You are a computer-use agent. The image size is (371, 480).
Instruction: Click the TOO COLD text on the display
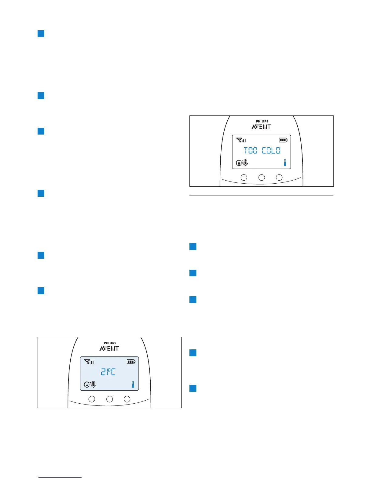pyautogui.click(x=262, y=151)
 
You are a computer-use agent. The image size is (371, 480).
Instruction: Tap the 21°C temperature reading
pyautogui.click(x=108, y=372)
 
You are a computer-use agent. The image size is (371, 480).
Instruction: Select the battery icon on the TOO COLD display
pyautogui.click(x=283, y=140)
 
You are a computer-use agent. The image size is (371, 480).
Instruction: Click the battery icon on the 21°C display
pyautogui.click(x=131, y=362)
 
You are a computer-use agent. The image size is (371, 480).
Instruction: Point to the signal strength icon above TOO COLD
pyautogui.click(x=241, y=140)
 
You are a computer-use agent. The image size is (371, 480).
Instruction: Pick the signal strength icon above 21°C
pyautogui.click(x=89, y=362)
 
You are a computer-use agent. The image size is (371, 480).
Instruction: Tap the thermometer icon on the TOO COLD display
pyautogui.click(x=285, y=163)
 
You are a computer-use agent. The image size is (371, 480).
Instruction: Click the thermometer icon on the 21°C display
pyautogui.click(x=133, y=385)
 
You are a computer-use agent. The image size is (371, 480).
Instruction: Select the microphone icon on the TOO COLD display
pyautogui.click(x=246, y=163)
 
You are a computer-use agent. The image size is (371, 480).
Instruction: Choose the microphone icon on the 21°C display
pyautogui.click(x=93, y=385)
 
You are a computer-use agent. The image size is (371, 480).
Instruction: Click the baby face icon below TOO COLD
pyautogui.click(x=239, y=163)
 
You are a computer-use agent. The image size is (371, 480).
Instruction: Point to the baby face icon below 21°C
pyautogui.click(x=87, y=385)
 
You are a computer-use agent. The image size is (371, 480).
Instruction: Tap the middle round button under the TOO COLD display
pyautogui.click(x=262, y=178)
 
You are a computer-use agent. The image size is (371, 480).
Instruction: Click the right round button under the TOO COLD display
pyautogui.click(x=279, y=178)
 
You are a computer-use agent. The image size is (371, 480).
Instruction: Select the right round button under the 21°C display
pyautogui.click(x=127, y=399)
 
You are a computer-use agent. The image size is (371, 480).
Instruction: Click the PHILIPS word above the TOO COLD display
pyautogui.click(x=262, y=122)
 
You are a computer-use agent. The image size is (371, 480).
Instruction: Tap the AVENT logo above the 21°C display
pyautogui.click(x=109, y=348)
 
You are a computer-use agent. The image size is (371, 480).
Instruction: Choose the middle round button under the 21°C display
pyautogui.click(x=109, y=399)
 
